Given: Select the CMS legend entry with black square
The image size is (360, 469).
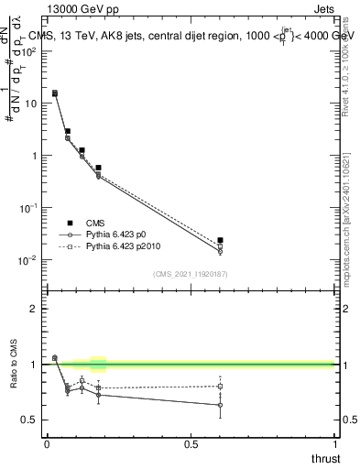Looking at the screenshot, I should tap(101, 223).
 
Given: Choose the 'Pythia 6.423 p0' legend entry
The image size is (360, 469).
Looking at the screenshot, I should tap(118, 234).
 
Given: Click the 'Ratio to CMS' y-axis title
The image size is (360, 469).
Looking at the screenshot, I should tap(14, 378).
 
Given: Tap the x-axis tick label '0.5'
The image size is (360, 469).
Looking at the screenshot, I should tap(191, 443).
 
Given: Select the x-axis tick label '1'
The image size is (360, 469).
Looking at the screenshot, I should tap(335, 443).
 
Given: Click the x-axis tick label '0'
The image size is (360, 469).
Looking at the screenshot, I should tap(47, 443).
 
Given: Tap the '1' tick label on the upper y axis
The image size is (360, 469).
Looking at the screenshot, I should tap(33, 156).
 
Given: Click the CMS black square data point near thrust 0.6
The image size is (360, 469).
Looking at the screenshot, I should tap(220, 240).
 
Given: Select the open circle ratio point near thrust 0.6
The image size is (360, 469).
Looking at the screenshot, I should tap(220, 405).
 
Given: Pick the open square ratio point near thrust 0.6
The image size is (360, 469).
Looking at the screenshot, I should tap(220, 387).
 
